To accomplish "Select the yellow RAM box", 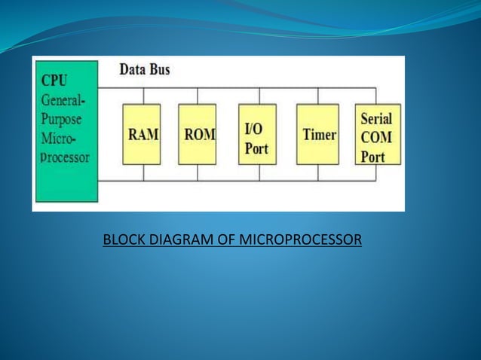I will pyautogui.click(x=142, y=134).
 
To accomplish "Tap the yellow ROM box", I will pyautogui.click(x=198, y=134).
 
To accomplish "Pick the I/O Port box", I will pyautogui.click(x=259, y=134).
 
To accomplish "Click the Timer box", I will pyautogui.click(x=317, y=134).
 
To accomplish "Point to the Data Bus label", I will pyautogui.click(x=145, y=70).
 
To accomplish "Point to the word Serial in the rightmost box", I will pyautogui.click(x=376, y=118).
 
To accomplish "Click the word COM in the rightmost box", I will pyautogui.click(x=375, y=138).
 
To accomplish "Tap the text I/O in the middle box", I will pyautogui.click(x=253, y=129).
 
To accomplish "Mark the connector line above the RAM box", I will pyautogui.click(x=142, y=96).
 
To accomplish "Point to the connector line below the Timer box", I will pyautogui.click(x=317, y=172).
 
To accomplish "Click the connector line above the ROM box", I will pyautogui.click(x=198, y=96).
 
